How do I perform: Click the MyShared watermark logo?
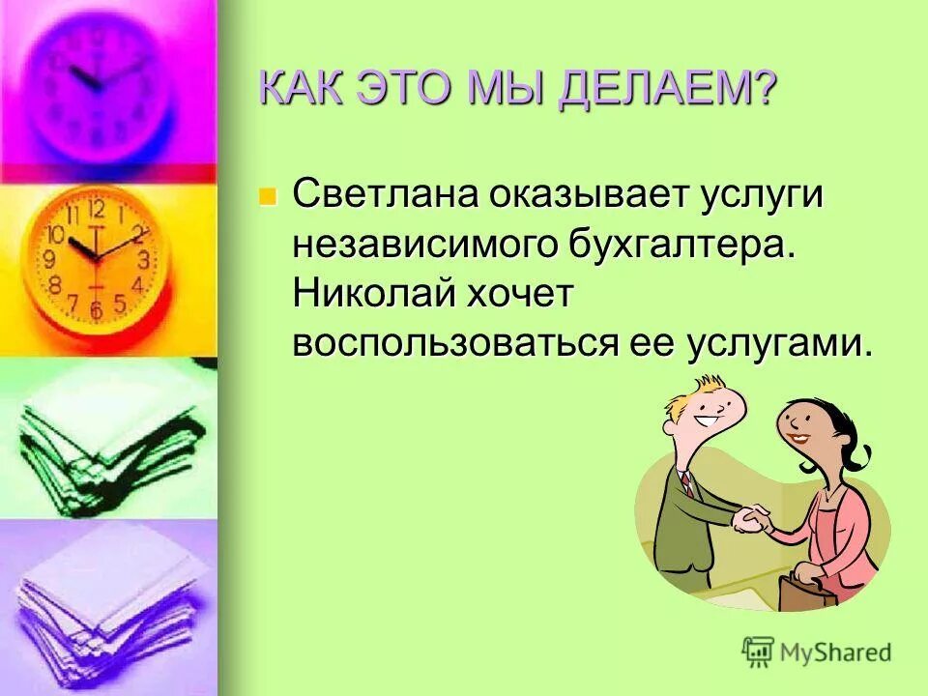coord(817,652)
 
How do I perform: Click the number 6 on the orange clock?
coord(96,309)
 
